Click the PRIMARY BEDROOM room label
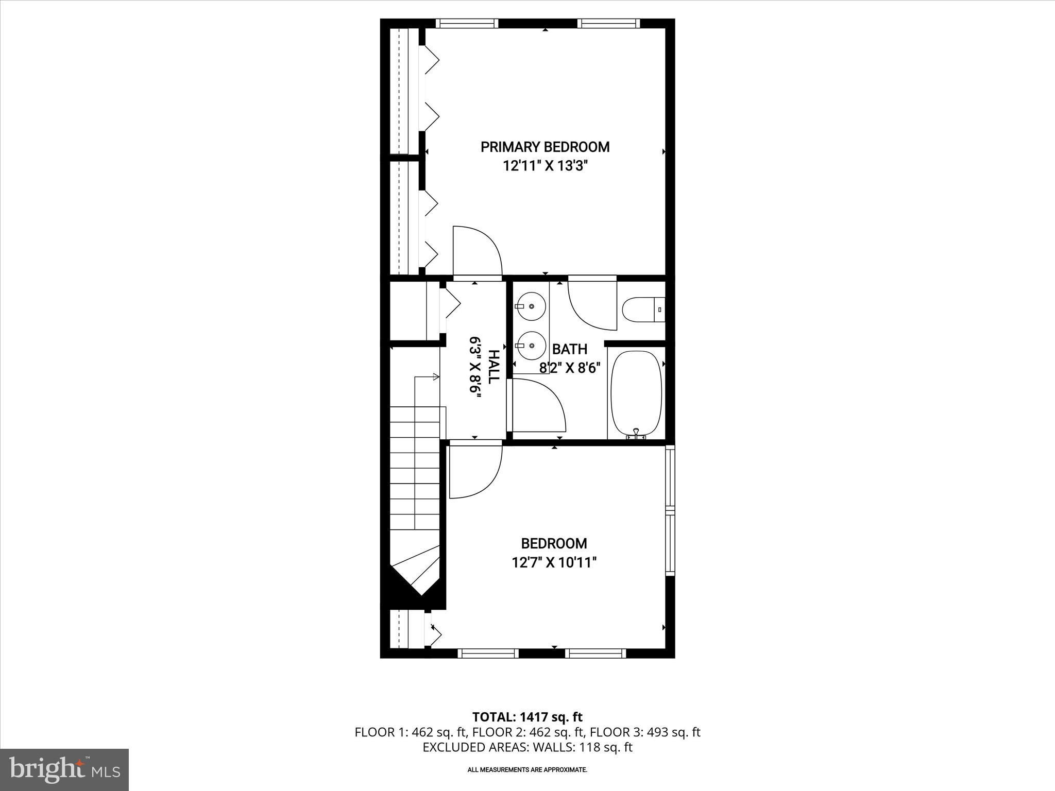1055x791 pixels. [545, 147]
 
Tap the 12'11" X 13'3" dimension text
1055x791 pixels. [546, 166]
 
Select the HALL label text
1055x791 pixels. [493, 366]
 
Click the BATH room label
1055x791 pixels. [569, 349]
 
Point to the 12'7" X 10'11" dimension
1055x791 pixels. [554, 562]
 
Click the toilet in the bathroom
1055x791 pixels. [643, 310]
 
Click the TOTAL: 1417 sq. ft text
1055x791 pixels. [527, 717]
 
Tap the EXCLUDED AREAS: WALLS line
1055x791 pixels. [527, 747]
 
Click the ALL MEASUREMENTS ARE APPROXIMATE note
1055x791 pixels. [527, 770]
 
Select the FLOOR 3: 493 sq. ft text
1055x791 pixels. [645, 732]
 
